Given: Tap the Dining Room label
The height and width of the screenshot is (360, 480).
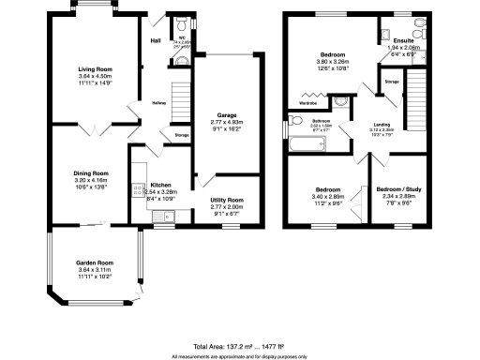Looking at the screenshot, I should click(92, 172).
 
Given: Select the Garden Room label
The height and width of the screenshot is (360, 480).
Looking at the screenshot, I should click(94, 263).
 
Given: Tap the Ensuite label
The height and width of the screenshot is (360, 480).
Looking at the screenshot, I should click(393, 40).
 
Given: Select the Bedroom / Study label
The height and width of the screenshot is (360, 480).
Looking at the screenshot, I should click(398, 190).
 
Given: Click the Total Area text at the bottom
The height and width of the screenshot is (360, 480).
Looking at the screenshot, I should click(240, 348).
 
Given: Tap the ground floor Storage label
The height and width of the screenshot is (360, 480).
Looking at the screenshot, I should click(181, 136).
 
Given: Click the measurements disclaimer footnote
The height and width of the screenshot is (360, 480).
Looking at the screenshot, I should click(240, 356).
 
